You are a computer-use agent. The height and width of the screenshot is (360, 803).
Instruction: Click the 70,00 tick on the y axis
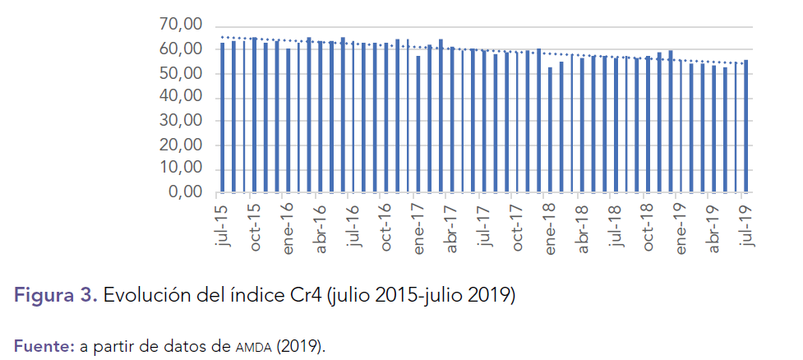coord(180,26)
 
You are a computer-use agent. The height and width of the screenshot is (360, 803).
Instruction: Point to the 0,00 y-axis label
coord(185,193)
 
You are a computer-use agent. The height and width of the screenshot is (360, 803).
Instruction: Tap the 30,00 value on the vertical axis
coord(180,122)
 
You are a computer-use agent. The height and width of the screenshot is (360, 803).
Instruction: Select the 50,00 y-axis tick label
coord(180,74)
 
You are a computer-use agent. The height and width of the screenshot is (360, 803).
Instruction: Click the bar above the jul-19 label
coord(745,127)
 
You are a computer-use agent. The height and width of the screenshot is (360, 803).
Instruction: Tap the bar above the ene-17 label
coord(418,124)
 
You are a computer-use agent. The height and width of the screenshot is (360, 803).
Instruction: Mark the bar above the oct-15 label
coord(255,115)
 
